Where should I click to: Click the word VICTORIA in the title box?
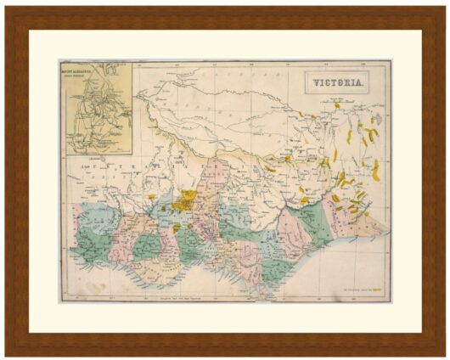(x=338, y=83)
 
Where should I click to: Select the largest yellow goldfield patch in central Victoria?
(x=183, y=202)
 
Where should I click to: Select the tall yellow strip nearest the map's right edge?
(x=375, y=169)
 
